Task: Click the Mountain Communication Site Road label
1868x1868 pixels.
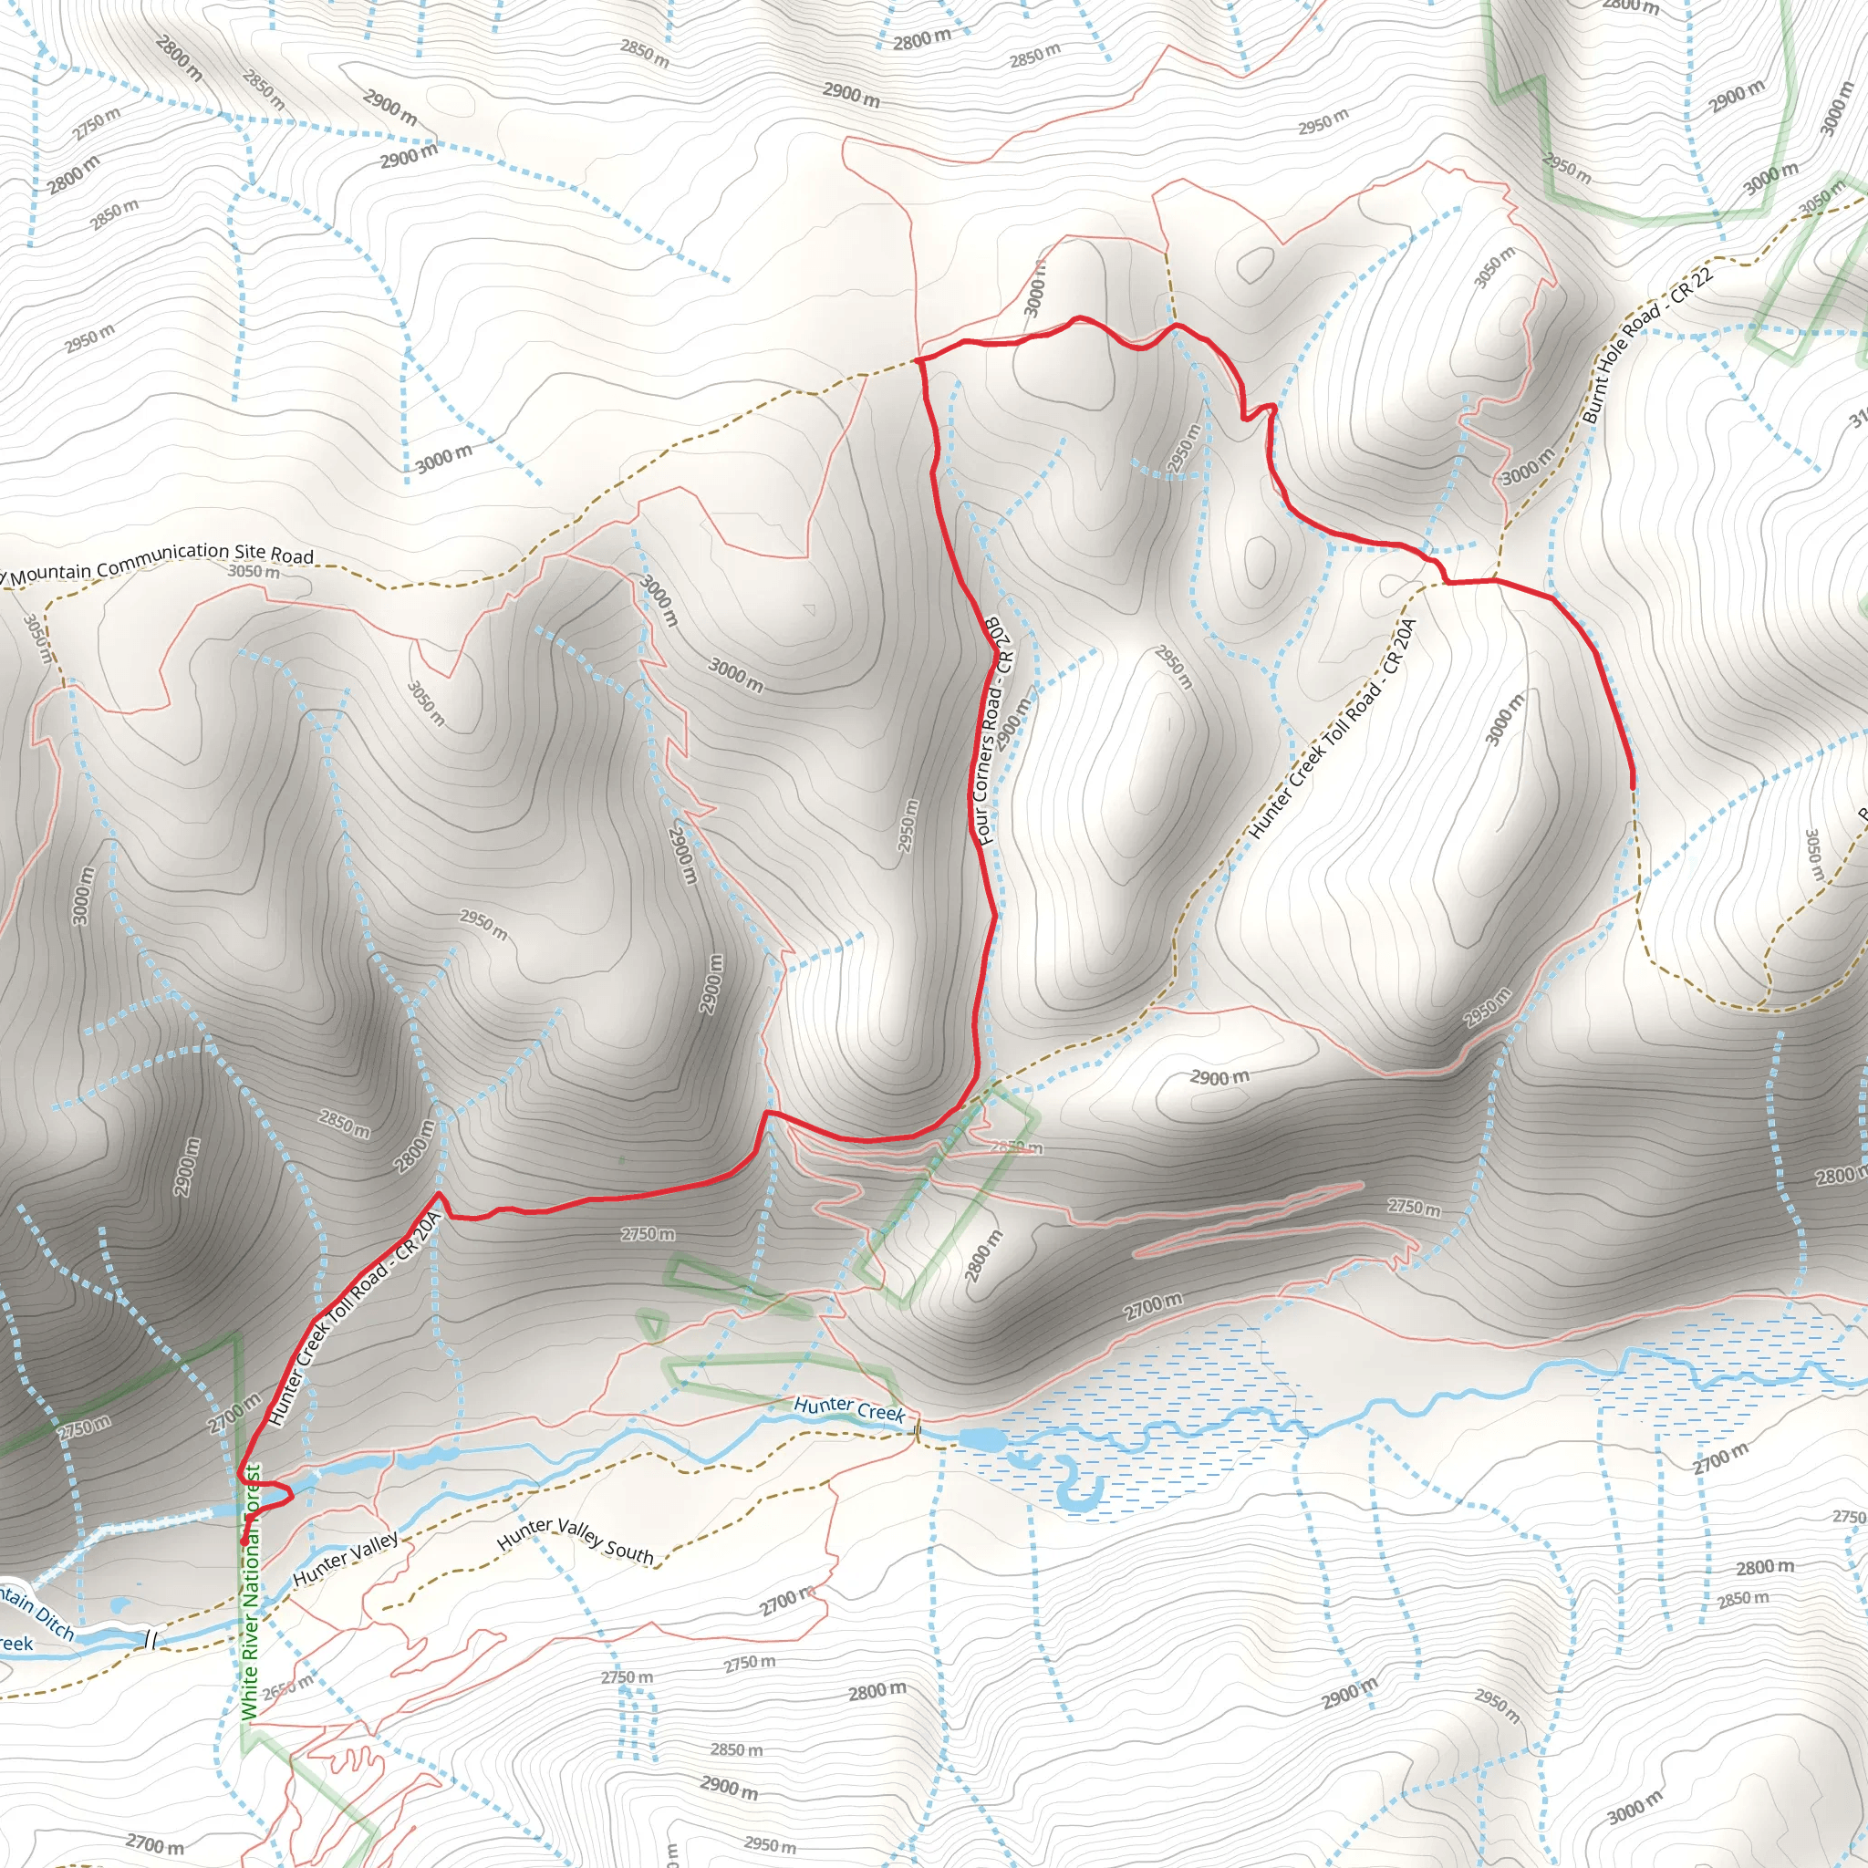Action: coord(161,562)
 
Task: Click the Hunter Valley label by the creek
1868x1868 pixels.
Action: coord(345,1559)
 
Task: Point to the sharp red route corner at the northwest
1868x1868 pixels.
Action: coord(916,358)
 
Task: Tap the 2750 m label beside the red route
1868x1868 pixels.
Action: coord(648,1235)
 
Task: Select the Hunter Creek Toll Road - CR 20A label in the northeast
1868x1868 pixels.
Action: coord(1332,729)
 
